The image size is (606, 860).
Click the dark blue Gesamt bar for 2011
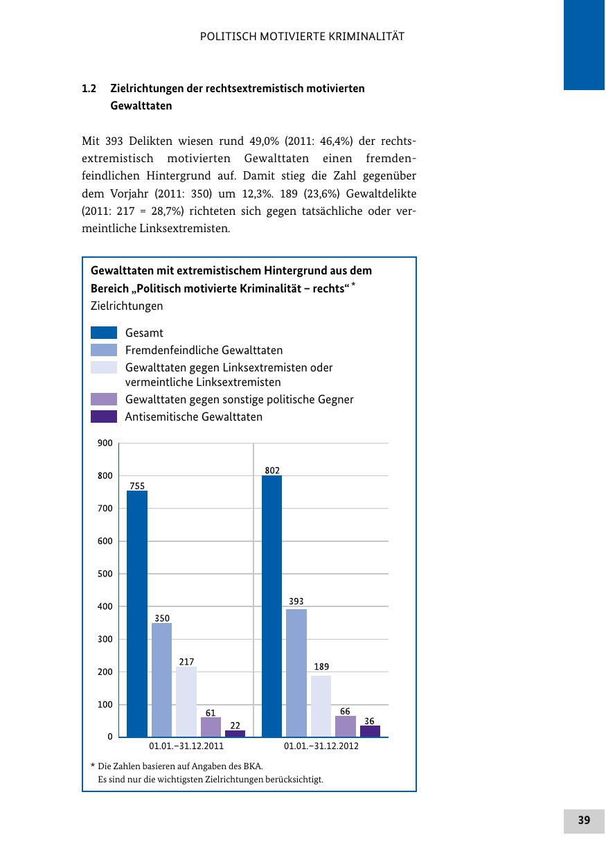click(137, 613)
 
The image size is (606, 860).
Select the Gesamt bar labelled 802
click(271, 606)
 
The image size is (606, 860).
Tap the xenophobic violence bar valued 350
click(161, 680)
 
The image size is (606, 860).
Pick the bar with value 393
click(296, 673)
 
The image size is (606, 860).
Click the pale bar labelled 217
click(186, 701)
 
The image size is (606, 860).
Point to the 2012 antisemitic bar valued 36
click(370, 731)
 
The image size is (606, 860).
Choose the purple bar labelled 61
click(211, 727)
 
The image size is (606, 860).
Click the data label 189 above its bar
click(321, 667)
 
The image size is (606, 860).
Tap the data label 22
click(235, 725)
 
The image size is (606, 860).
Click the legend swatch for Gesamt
click(104, 333)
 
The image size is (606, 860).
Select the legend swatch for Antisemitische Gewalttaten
click(104, 416)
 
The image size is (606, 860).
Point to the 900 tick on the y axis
click(105, 443)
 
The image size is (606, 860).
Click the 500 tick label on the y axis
click(105, 574)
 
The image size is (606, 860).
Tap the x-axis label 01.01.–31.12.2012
click(321, 748)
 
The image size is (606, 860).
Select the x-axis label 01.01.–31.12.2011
click(186, 748)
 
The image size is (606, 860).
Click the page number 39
click(584, 820)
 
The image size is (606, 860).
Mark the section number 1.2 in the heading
click(88, 89)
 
